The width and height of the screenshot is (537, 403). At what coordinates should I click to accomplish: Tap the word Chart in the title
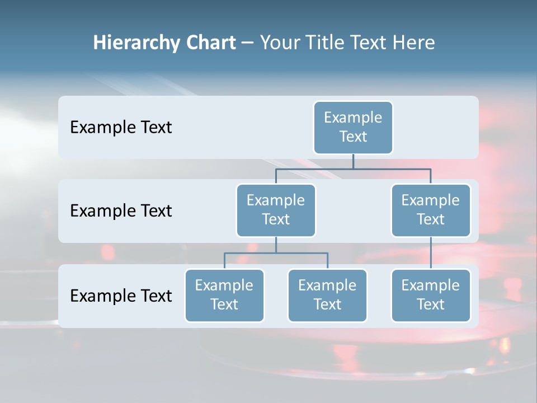tap(209, 43)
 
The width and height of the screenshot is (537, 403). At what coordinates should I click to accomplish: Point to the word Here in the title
tap(414, 43)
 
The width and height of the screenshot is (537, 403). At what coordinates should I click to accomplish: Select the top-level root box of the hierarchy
tap(353, 127)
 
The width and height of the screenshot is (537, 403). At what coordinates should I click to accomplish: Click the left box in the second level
tap(276, 210)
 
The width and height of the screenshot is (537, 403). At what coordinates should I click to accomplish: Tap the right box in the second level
tap(431, 210)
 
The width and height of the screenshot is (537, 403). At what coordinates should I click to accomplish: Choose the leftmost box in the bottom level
tap(224, 295)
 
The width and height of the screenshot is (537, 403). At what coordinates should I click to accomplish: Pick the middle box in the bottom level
tap(327, 295)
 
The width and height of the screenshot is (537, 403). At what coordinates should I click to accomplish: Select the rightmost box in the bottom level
tap(431, 295)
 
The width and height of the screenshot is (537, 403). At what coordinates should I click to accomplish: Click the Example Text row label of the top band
tap(121, 127)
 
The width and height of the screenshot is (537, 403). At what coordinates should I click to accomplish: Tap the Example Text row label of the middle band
tap(121, 210)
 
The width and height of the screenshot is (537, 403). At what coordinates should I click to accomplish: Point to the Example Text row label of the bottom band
tap(121, 296)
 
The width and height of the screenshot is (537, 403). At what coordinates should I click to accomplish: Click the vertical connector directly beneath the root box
tap(353, 161)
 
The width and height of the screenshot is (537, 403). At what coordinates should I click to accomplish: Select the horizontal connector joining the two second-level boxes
tap(353, 168)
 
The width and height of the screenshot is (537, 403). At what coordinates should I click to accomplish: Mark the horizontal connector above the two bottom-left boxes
tap(276, 253)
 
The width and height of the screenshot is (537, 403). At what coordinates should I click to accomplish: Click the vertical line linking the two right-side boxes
tap(431, 253)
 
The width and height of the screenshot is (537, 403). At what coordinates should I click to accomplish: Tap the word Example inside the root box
tap(353, 118)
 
